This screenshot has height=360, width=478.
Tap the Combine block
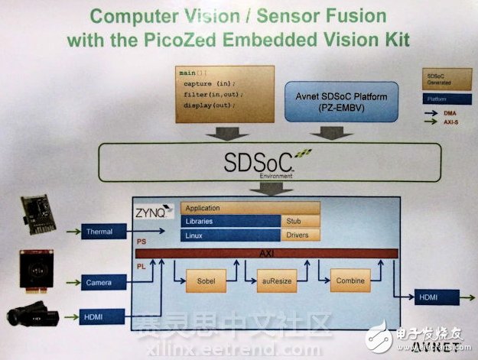click(x=350, y=281)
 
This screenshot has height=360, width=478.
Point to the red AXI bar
click(x=267, y=253)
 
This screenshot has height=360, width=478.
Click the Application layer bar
click(x=249, y=208)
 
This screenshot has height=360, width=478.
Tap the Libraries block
click(x=229, y=221)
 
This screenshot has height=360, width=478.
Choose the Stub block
click(x=299, y=221)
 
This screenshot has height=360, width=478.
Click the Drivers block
click(x=299, y=235)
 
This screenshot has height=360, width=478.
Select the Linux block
click(x=229, y=235)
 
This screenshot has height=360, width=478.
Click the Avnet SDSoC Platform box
click(x=343, y=100)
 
